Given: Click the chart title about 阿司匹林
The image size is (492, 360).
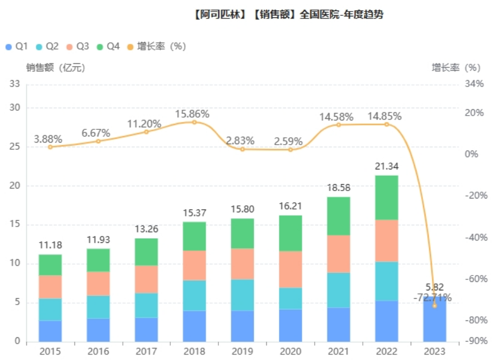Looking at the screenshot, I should coord(288,15).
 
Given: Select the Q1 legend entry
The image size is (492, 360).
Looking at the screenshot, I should coord(16,46).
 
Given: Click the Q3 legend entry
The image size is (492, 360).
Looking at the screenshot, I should coord(77,46).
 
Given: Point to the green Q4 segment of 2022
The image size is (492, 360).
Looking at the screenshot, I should coord(387,197).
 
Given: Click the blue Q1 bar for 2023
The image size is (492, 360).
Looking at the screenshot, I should coord(435,319).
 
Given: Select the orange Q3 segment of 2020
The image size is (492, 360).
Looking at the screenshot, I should coord(291,269).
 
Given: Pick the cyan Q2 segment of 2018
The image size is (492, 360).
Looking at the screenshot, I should coord(195,295).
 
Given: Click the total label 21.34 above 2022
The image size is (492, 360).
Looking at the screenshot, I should coord(387,166).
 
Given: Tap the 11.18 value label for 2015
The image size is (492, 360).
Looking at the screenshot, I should coord(51,245).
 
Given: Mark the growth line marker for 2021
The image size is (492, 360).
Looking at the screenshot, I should coord(339,125).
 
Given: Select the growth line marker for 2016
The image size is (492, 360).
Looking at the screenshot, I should coord(98,141).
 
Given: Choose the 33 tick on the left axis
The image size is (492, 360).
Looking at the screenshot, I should coord(15,84).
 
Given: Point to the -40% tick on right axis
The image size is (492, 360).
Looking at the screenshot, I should coord(473,237).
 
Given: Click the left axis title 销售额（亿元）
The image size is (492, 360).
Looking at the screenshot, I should coord(55,68).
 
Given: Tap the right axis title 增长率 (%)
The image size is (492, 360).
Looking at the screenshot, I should coord(456,68).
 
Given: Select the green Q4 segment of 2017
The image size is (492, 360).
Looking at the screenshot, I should coord(147,252).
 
